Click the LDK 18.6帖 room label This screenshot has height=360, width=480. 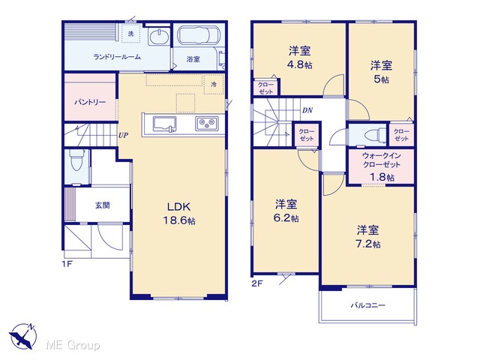180,213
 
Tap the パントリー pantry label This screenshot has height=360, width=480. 90,102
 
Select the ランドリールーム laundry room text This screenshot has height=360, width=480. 117,57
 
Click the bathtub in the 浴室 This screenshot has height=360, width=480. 198,35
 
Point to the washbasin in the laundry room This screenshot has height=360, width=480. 158,37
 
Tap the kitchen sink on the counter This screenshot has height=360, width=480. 165,124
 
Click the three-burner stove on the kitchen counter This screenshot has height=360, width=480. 207,124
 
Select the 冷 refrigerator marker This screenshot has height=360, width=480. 214,84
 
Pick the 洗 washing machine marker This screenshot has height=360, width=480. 131,33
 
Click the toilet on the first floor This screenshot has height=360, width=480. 75,160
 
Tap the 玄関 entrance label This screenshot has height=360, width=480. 102,205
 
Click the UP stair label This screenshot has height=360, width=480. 123,135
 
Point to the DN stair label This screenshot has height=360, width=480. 307,110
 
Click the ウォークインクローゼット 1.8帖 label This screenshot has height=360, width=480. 381,167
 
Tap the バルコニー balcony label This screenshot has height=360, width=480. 367,305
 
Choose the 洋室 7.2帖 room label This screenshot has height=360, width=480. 368,237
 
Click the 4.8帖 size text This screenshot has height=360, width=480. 300,65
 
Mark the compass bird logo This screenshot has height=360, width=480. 23,337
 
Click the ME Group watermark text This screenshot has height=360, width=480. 73,345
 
